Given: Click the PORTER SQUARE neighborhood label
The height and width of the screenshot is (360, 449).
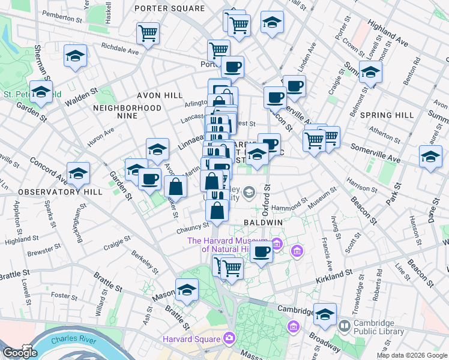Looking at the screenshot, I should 169,8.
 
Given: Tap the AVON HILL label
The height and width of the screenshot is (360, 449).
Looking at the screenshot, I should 159,95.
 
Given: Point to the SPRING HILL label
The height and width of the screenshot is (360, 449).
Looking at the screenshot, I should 387,115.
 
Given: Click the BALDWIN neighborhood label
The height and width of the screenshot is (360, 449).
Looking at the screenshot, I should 263,222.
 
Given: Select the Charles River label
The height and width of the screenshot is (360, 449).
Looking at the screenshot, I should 70,340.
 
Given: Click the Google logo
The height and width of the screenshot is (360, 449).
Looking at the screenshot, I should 20,353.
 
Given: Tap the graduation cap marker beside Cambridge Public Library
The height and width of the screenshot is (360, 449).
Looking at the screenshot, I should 325,314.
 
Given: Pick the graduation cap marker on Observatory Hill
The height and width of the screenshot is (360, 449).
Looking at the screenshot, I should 78,173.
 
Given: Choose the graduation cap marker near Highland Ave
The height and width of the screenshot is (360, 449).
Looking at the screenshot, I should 370,72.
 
